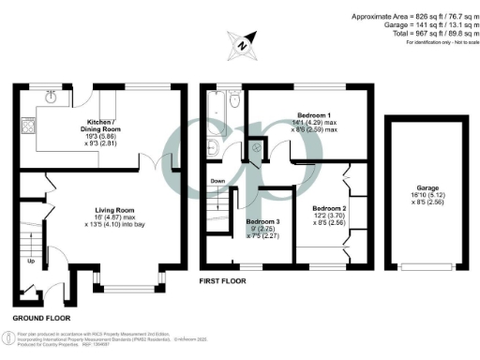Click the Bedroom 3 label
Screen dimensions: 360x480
(x=262, y=222)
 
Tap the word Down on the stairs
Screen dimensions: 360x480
(x=217, y=182)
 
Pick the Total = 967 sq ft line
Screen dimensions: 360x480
(x=416, y=33)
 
